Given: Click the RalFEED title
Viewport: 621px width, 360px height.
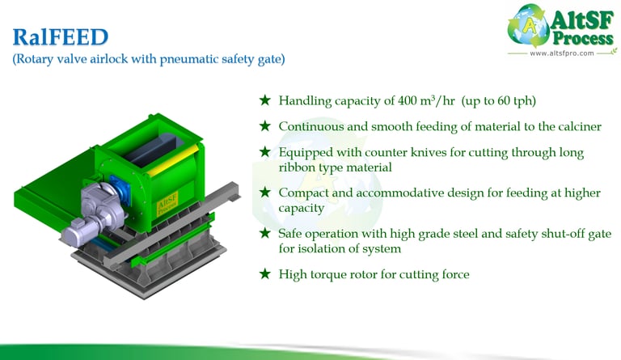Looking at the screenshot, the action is (x=60, y=37).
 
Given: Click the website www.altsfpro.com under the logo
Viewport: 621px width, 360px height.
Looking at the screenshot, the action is (x=562, y=53).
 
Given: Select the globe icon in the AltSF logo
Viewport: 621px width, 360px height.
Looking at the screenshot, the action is (x=527, y=25).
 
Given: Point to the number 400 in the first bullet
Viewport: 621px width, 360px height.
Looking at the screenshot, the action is (x=408, y=100).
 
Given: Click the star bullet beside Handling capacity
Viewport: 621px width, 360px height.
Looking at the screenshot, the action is (x=265, y=100).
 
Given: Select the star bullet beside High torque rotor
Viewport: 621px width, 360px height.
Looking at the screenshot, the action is (x=265, y=273).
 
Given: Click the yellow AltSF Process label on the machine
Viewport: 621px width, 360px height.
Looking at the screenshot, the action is (x=167, y=204).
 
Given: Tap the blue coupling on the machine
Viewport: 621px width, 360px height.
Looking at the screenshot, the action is (x=120, y=189).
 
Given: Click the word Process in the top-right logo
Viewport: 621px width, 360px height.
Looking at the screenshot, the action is (x=583, y=38).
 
